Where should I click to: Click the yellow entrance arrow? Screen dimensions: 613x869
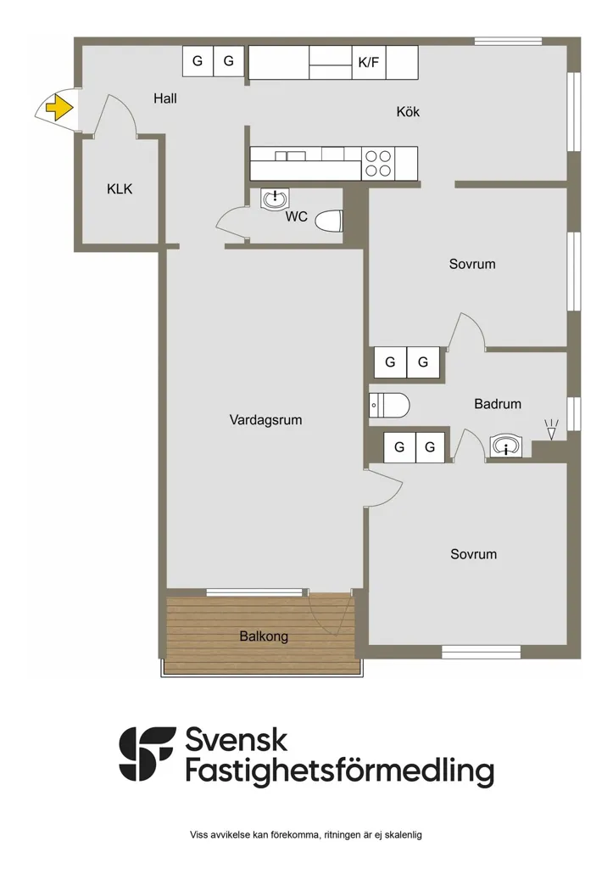coord(59,108)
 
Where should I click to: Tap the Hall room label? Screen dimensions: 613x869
coord(165,98)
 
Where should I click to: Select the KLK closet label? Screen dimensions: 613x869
coord(120,189)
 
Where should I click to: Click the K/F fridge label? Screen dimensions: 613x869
coord(369,62)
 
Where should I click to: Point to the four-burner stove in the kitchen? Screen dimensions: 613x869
coord(378,164)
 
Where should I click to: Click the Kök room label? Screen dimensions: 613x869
coord(408,111)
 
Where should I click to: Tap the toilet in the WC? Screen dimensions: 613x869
coord(330,221)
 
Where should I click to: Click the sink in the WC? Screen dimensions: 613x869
coord(275,198)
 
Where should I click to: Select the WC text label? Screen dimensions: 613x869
coord(296,216)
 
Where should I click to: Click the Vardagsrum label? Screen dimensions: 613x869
coord(265,419)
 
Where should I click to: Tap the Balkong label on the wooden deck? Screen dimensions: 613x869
coord(264,636)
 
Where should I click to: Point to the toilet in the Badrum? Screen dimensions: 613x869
coord(389,405)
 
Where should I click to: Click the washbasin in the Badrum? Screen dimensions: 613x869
coord(505,446)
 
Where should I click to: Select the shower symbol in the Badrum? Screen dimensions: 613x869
coord(551,430)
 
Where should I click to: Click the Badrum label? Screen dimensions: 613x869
coord(498,404)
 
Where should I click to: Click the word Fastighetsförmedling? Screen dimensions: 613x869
coord(340,771)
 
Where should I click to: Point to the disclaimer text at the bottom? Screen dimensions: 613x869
coord(306,835)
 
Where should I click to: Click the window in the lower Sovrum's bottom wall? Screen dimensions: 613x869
coord(481,652)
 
